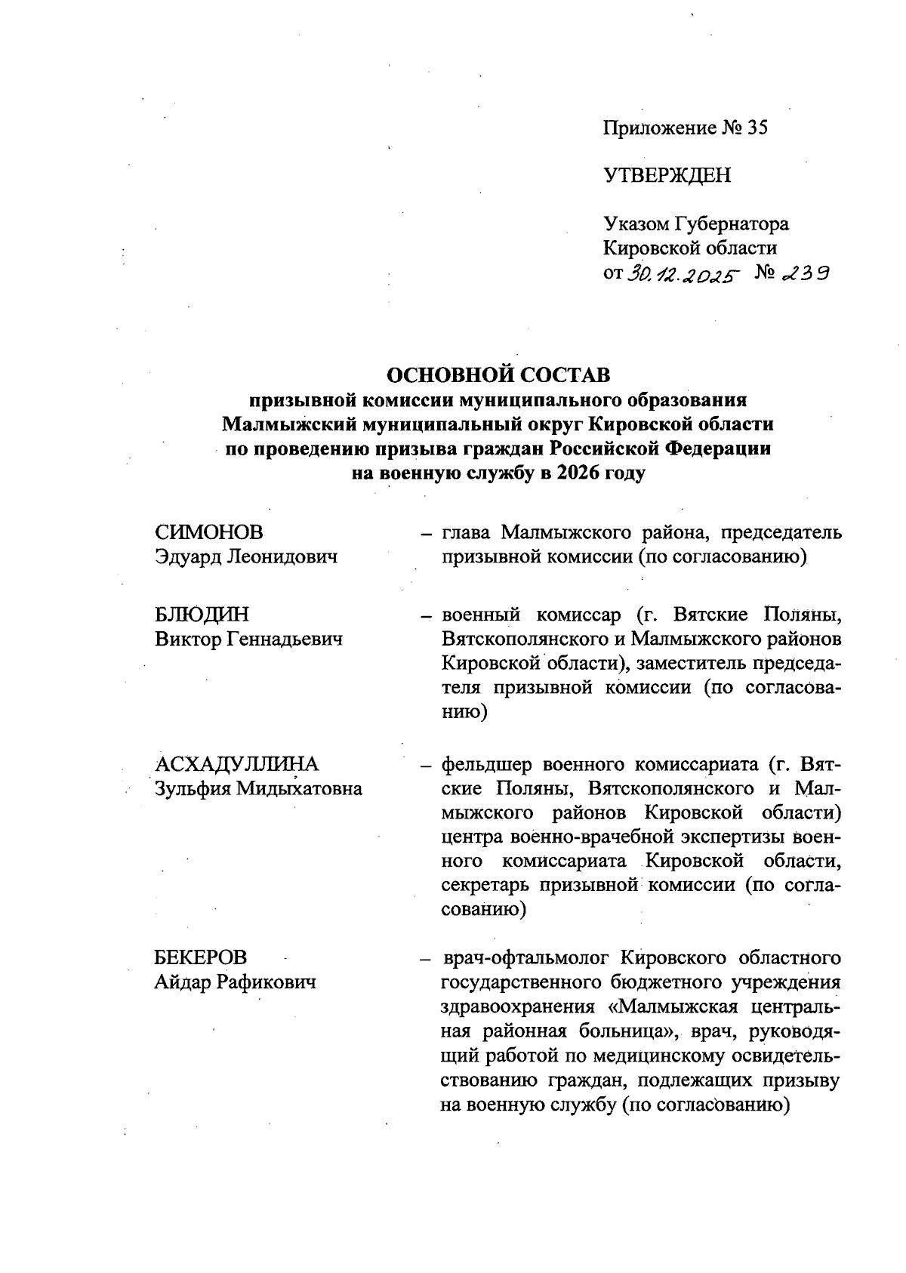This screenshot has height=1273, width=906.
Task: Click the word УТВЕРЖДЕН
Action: click(667, 175)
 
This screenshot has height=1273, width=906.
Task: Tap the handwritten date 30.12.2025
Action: click(682, 275)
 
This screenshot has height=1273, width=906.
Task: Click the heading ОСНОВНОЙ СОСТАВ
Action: click(498, 375)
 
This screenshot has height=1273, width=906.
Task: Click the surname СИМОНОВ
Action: click(209, 532)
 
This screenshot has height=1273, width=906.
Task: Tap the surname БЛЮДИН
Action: click(202, 615)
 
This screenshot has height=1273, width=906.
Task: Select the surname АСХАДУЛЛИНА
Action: click(237, 764)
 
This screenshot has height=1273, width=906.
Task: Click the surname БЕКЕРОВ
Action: click(201, 957)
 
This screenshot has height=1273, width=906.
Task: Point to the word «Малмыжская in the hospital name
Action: click(673, 1006)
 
